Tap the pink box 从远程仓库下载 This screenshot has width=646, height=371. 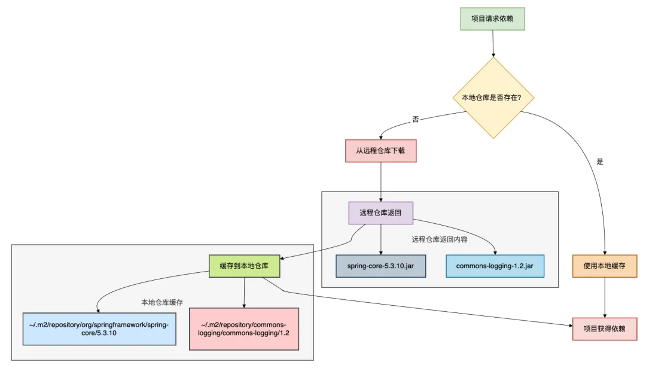tap(380, 151)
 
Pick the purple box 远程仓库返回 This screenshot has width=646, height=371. tap(380, 213)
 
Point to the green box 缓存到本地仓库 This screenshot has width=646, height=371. tap(244, 266)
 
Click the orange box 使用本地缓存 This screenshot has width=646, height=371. tap(607, 266)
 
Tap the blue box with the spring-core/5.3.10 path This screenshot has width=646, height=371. tap(99, 329)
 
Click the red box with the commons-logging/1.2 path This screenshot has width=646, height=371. tap(243, 329)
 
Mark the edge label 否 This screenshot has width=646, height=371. tap(416, 120)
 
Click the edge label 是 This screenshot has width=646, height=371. tap(601, 162)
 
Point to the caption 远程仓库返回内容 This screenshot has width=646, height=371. tap(440, 239)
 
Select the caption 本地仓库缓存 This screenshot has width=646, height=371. tap(162, 302)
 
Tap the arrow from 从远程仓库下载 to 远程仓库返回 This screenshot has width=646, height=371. tap(381, 181)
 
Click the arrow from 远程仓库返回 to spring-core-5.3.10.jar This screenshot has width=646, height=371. tap(380, 239)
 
